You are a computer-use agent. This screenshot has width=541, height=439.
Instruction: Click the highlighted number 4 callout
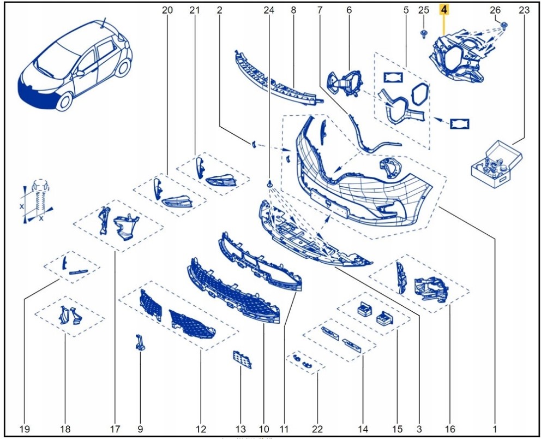(444, 10)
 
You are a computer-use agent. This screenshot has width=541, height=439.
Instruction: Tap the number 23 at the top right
(524, 10)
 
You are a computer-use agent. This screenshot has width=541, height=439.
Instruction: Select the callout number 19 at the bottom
(25, 429)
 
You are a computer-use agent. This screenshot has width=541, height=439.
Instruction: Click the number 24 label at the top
(269, 10)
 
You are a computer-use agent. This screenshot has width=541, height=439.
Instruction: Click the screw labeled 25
(424, 34)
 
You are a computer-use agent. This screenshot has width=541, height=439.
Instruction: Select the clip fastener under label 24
(269, 183)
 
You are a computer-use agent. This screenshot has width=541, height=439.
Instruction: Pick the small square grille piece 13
(243, 360)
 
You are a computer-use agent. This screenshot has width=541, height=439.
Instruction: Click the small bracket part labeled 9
(140, 343)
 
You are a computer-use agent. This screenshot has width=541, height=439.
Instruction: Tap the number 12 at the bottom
(201, 429)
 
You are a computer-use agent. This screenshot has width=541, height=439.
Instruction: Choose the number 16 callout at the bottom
(450, 429)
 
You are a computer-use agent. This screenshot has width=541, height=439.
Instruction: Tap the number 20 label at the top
(167, 10)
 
